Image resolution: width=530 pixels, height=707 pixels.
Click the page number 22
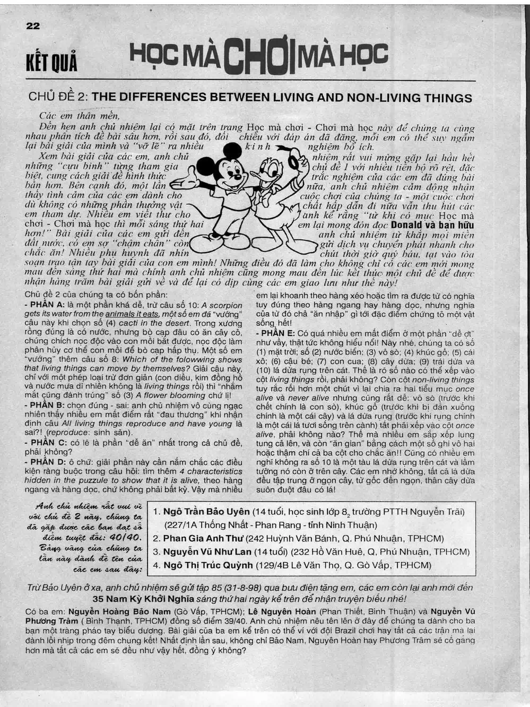pyautogui.click(x=32, y=25)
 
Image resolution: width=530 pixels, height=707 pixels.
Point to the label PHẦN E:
pyautogui.click(x=277, y=333)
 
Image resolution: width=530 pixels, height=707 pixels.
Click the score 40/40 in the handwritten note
pyautogui.click(x=127, y=537)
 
